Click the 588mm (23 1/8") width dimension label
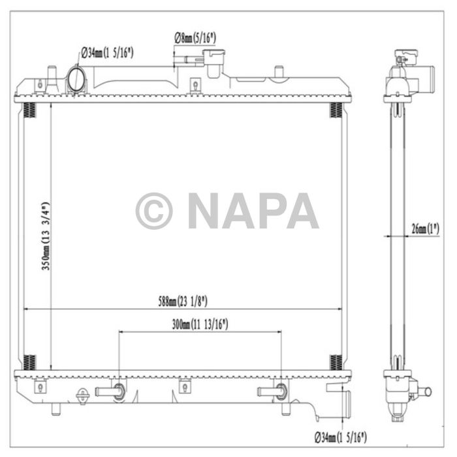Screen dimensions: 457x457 tap(182, 301)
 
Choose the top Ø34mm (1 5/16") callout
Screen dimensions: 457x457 tap(108, 53)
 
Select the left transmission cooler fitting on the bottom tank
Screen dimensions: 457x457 tap(110, 392)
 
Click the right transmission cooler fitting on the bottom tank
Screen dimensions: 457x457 tap(272, 392)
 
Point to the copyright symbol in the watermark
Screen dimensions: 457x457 tap(154, 211)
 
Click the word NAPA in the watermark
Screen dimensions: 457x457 tap(253, 211)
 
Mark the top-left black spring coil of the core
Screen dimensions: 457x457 tap(29, 110)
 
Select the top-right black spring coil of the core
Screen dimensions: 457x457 tap(335, 110)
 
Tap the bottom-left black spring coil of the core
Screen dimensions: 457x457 tap(29, 361)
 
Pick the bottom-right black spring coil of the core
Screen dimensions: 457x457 tap(335, 361)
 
